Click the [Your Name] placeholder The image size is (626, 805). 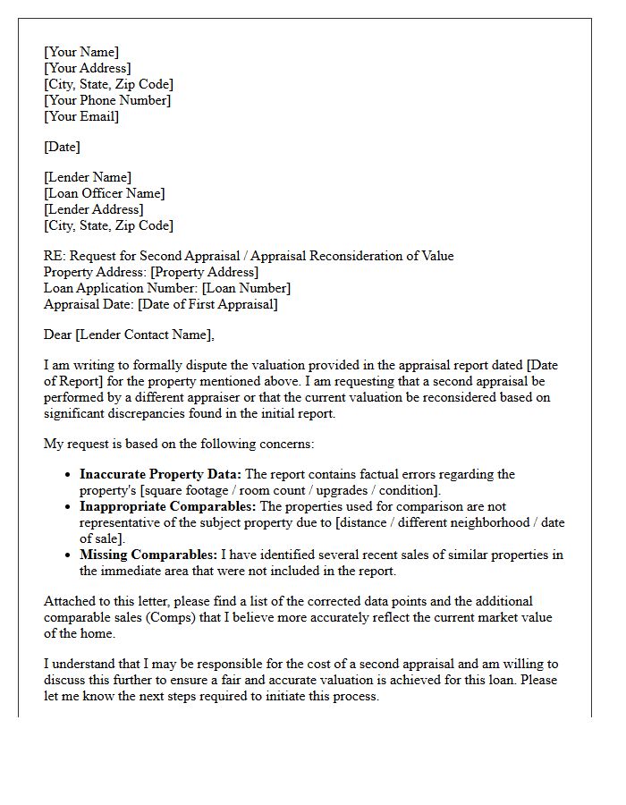coord(81,52)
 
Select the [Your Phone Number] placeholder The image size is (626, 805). coord(107,100)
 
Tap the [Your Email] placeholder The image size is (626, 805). coord(81,116)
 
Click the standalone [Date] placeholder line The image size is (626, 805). coord(62,147)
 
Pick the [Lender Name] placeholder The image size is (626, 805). coord(88,177)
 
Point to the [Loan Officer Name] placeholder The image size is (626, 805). coord(105,193)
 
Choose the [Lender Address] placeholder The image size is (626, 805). coord(93,209)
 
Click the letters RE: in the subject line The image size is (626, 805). coord(54,256)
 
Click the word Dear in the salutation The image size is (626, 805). coord(58,335)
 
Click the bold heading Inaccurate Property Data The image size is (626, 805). coord(160,474)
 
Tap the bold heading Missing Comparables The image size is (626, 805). coord(148,555)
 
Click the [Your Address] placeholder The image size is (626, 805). coord(88,68)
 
